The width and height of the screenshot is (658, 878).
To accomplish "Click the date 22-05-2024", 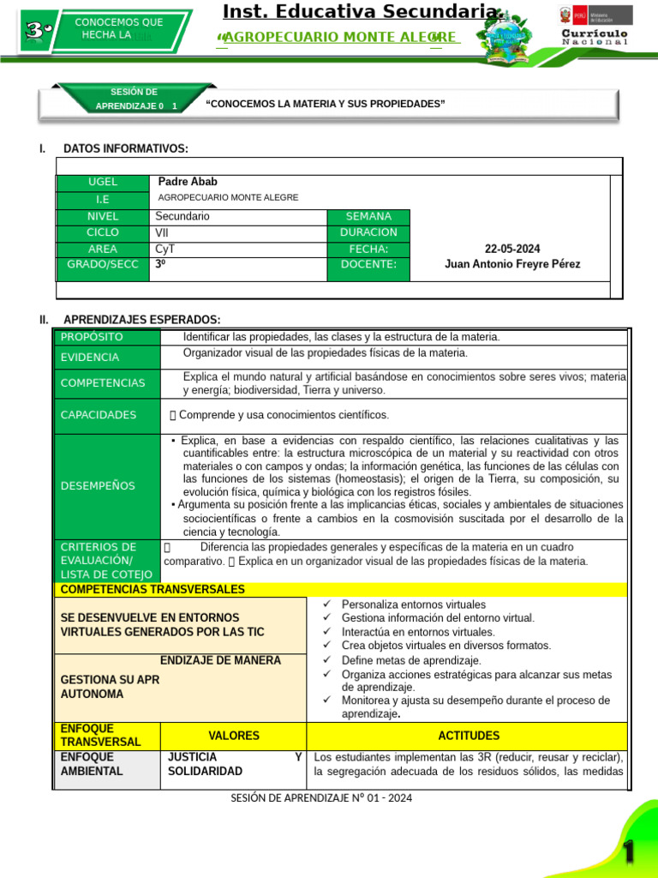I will coord(512,249).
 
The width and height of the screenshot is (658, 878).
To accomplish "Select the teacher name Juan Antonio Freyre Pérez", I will coord(512,264).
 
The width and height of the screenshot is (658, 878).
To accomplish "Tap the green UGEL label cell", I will coord(103,183).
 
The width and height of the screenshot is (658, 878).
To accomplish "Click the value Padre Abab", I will coord(187,182).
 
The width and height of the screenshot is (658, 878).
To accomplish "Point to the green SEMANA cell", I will coord(368,217).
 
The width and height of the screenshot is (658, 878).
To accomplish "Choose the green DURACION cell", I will coord(368,232).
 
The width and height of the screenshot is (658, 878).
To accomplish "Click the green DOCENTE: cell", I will coord(368,265).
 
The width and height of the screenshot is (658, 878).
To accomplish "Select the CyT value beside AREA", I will coord(164,249).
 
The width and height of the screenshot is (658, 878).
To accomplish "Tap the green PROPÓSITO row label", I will coord(92,337).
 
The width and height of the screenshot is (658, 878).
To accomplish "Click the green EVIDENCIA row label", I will coord(90,358).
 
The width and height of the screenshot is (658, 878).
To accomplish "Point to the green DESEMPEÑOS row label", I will coord(98,486).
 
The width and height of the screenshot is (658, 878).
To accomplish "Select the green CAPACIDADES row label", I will coord(99,415).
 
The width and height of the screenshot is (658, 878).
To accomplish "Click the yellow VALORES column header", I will coord(233,736).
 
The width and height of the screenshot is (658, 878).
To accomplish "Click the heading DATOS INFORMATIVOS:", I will coord(126,149).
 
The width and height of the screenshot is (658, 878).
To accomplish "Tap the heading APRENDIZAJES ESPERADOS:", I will coord(141,320).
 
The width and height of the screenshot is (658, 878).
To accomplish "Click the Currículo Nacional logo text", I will coord(595,36).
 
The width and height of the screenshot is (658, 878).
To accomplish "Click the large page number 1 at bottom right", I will coord(629,852).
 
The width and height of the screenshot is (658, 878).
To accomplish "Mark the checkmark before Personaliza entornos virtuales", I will coord(326,604).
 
